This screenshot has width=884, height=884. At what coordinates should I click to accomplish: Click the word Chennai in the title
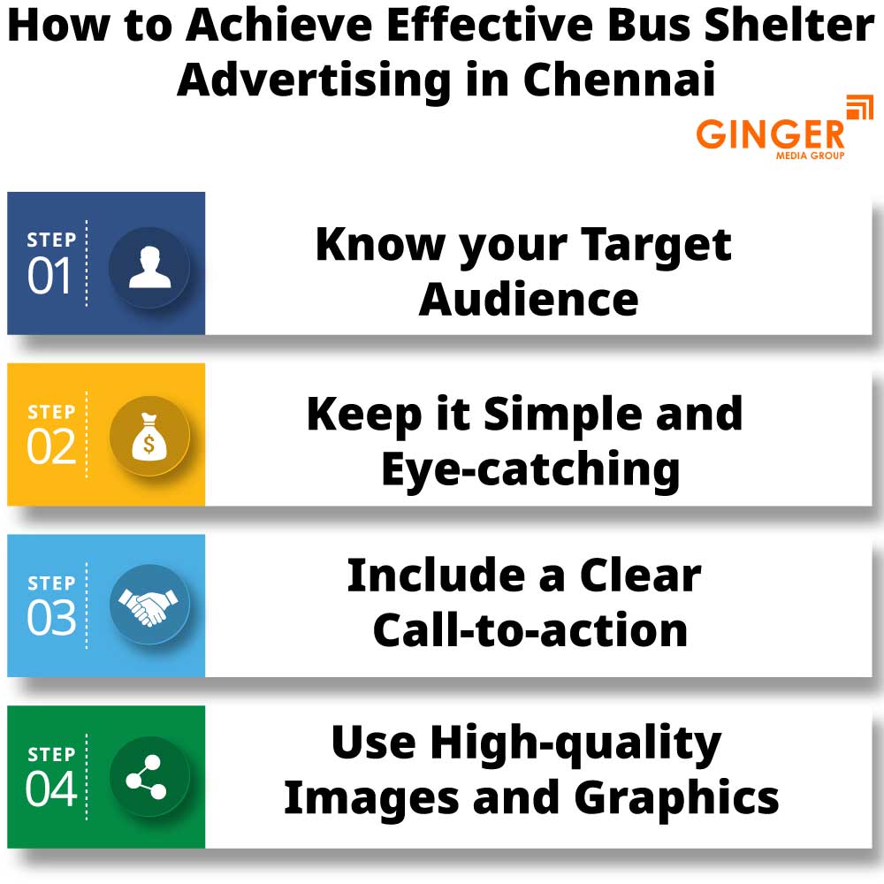(618, 79)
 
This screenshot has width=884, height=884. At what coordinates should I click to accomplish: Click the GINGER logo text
(770, 135)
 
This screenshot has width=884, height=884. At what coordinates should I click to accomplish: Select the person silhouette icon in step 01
(149, 266)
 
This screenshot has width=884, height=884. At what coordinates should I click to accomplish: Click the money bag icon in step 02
(149, 437)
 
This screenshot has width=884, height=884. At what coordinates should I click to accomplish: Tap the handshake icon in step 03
(149, 606)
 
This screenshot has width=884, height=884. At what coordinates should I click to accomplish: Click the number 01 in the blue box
(50, 278)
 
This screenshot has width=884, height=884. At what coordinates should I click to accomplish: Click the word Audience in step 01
(529, 299)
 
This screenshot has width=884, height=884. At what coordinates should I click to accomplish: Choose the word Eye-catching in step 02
(530, 470)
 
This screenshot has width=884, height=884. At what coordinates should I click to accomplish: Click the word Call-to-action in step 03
(530, 630)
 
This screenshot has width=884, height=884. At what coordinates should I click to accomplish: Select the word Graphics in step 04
(676, 798)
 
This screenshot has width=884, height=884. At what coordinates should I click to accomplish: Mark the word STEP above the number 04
(51, 754)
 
